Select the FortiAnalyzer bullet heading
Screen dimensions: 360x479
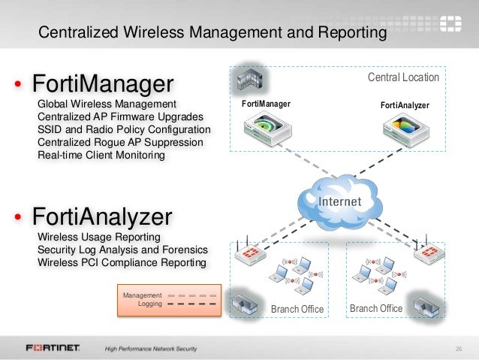[102, 218]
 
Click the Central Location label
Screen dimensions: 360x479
[402, 77]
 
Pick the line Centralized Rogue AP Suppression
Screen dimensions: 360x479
[119, 143]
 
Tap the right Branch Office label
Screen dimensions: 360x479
[376, 309]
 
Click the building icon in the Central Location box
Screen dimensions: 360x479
[247, 77]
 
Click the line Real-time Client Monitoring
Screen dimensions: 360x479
[100, 156]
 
